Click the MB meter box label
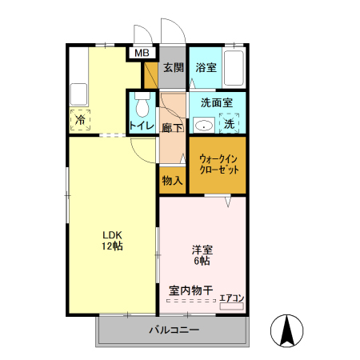click(142, 54)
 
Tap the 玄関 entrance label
click(174, 67)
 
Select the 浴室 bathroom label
click(206, 67)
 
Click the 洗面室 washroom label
click(216, 102)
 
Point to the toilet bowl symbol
click(142, 105)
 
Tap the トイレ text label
click(142, 125)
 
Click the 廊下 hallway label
click(173, 127)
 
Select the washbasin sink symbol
click(202, 124)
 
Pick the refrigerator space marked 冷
click(81, 119)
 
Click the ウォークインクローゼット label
click(218, 164)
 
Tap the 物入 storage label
click(172, 181)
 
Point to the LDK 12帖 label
click(111, 239)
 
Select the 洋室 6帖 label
click(202, 254)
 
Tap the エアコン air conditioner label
click(231, 298)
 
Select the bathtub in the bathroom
click(234, 67)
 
